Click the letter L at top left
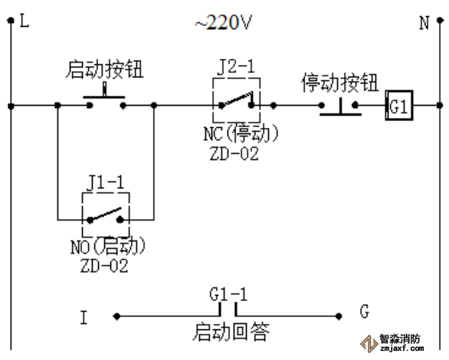tap(25, 22)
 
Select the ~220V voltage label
tap(223, 23)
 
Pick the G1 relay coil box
tap(399, 106)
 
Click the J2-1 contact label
tap(236, 67)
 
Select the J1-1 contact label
tap(105, 182)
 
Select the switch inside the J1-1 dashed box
tap(106, 214)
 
